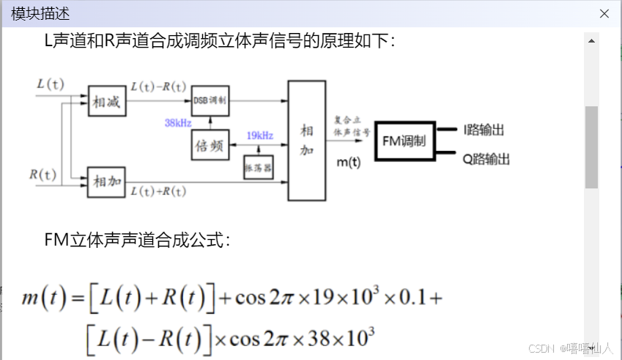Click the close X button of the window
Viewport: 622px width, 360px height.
[604, 14]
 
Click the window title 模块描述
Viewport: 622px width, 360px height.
[41, 14]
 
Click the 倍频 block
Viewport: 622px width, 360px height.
[210, 145]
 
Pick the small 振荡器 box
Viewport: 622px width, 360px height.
[258, 167]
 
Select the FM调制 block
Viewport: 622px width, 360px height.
[404, 141]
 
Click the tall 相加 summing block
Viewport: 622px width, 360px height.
[306, 140]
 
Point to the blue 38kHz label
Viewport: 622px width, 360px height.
[179, 122]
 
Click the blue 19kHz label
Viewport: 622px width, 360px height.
[260, 136]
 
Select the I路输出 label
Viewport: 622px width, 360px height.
[484, 131]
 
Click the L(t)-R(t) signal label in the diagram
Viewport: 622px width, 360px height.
[158, 86]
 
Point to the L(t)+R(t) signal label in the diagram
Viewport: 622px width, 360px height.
[158, 191]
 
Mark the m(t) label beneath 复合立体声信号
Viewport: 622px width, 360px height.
[348, 162]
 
